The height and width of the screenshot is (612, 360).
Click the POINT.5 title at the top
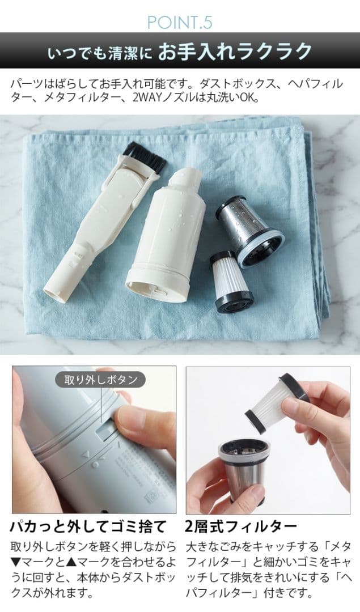(180, 22)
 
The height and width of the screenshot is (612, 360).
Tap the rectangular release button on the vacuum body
(103, 432)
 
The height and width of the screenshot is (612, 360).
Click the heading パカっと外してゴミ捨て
(88, 526)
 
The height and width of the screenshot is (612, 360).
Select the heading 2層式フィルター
(240, 526)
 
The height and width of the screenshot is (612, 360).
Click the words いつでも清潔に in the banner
(100, 53)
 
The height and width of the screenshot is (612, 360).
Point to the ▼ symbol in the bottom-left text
(15, 563)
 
